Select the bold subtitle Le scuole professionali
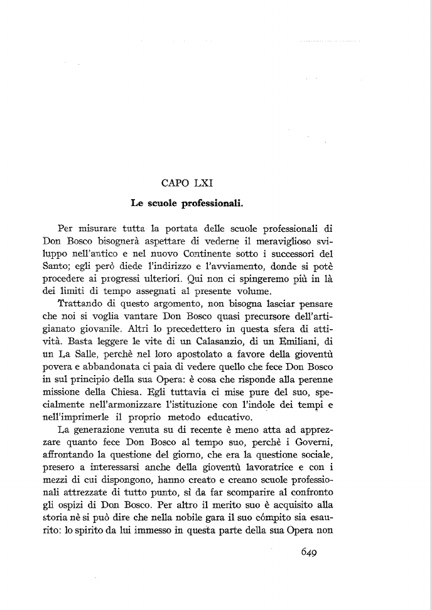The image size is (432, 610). pos(187,204)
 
